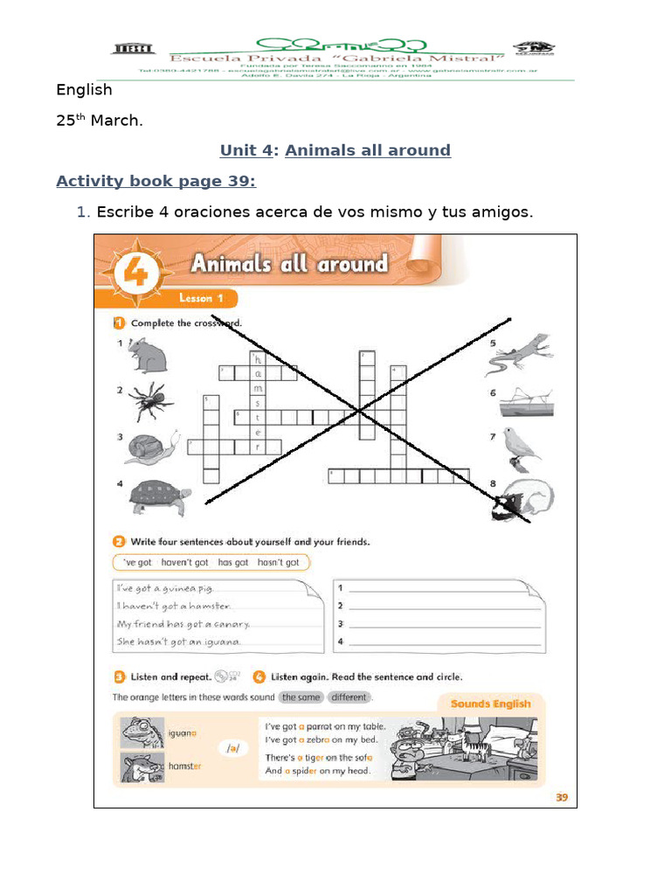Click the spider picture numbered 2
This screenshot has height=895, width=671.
coord(151,401)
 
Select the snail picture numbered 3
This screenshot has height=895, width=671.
coord(153,447)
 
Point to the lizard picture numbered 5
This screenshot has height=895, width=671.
coord(521,351)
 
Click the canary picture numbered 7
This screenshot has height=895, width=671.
coord(522,446)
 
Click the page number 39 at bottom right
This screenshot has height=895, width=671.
coord(561,796)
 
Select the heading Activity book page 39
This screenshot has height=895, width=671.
coord(156,181)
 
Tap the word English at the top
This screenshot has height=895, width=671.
coord(84,89)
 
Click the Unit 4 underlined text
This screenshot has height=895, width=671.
coord(246,150)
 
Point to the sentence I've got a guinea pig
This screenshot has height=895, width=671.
coord(164,589)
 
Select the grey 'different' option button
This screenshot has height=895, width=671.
coord(349,697)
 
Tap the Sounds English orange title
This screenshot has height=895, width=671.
coord(490,704)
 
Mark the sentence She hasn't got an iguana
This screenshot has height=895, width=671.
coord(178,642)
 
